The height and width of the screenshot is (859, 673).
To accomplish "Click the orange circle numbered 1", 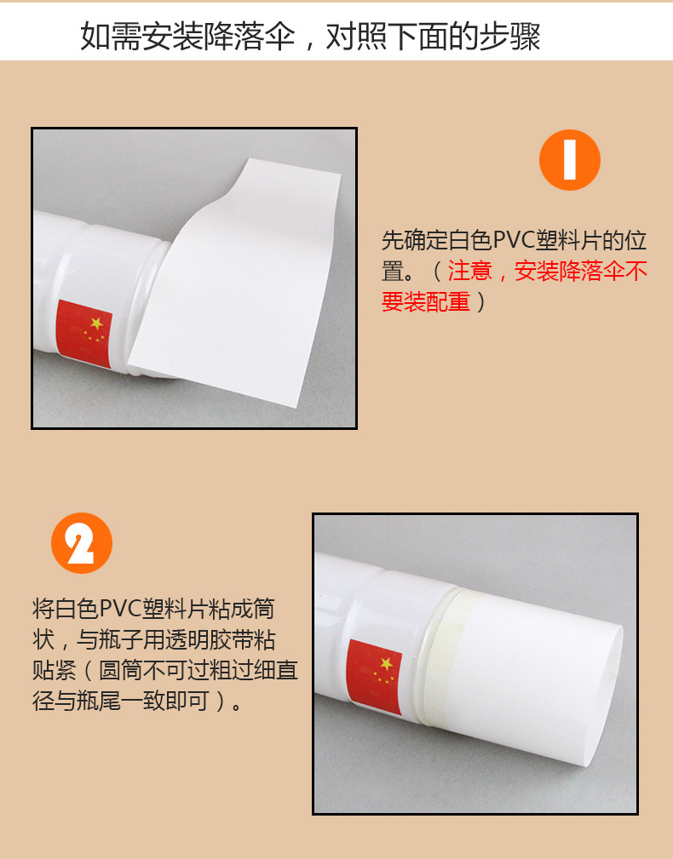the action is (x=569, y=160).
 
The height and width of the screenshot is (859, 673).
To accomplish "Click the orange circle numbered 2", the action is (x=82, y=543).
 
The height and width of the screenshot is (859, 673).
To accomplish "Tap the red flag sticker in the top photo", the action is (x=84, y=333).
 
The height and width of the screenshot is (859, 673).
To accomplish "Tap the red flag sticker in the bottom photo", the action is (x=375, y=677).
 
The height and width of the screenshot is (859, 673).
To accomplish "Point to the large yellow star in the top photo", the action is (x=97, y=324).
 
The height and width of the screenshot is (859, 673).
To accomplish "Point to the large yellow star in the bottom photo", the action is (x=387, y=664).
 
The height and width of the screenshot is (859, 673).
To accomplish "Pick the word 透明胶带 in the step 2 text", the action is (x=209, y=639).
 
